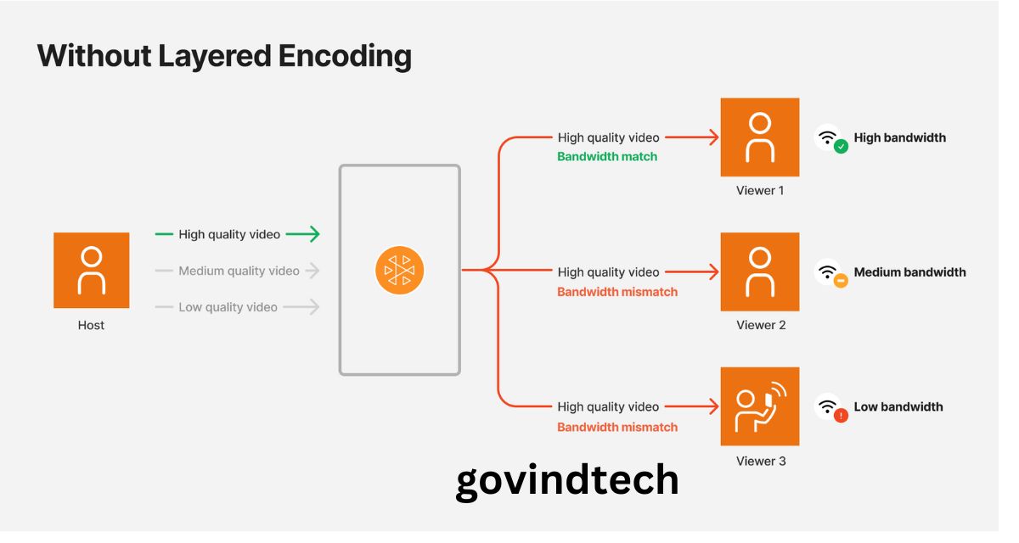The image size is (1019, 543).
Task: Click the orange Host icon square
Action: click(x=91, y=270)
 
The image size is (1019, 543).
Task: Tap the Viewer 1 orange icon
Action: click(x=759, y=137)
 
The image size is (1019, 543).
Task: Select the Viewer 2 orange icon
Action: click(x=759, y=271)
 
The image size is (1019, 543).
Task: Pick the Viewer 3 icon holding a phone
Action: click(x=759, y=406)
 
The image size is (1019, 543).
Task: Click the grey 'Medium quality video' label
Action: click(x=239, y=271)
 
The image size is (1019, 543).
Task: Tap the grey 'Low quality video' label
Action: click(x=228, y=307)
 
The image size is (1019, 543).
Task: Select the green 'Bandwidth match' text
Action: click(x=607, y=157)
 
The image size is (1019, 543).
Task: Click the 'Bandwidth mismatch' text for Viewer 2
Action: click(x=617, y=292)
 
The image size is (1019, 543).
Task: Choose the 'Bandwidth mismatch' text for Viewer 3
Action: click(x=617, y=427)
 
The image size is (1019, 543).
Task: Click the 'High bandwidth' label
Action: click(x=899, y=137)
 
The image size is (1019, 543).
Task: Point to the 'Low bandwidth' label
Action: click(x=898, y=407)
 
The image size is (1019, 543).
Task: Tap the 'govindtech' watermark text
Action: click(x=567, y=481)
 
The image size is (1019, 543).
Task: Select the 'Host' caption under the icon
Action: click(x=91, y=325)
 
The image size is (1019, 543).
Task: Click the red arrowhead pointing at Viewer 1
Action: click(x=712, y=137)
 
